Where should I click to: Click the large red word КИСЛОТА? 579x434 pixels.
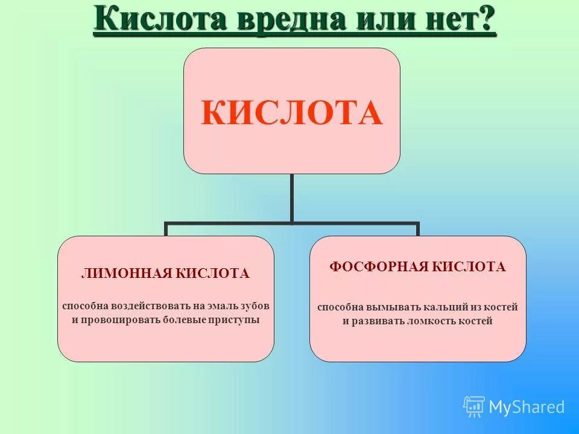coord(291,113)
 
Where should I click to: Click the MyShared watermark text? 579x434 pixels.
coord(526,407)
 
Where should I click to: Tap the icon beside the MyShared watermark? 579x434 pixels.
coord(474,406)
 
